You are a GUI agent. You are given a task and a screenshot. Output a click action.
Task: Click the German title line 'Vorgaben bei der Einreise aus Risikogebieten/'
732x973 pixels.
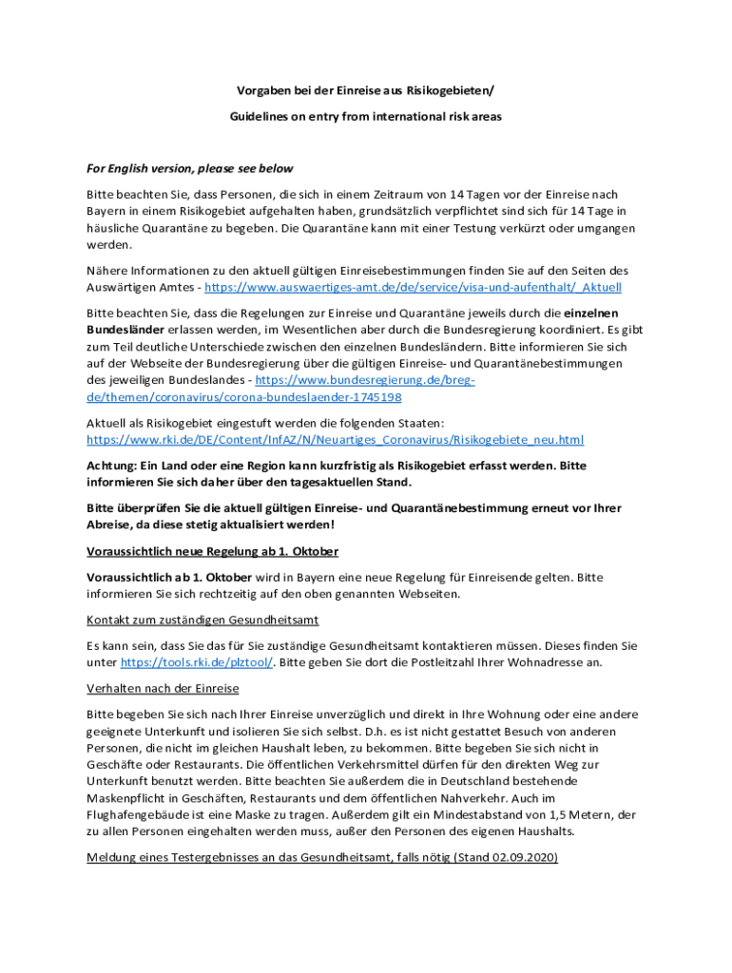[365, 90]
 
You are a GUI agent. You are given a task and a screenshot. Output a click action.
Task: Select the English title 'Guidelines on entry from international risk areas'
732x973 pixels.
[365, 116]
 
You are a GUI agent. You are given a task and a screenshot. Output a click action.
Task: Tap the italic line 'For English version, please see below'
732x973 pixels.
[190, 169]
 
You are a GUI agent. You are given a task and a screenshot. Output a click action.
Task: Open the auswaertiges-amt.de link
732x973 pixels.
[413, 287]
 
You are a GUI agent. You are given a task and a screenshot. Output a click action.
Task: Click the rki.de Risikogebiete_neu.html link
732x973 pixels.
[336, 440]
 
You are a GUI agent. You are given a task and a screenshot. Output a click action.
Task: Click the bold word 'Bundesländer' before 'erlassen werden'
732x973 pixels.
[125, 329]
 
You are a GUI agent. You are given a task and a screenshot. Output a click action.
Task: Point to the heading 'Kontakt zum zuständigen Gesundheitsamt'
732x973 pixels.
[202, 620]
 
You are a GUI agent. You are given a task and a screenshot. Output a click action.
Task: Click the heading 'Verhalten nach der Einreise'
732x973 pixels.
[163, 688]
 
